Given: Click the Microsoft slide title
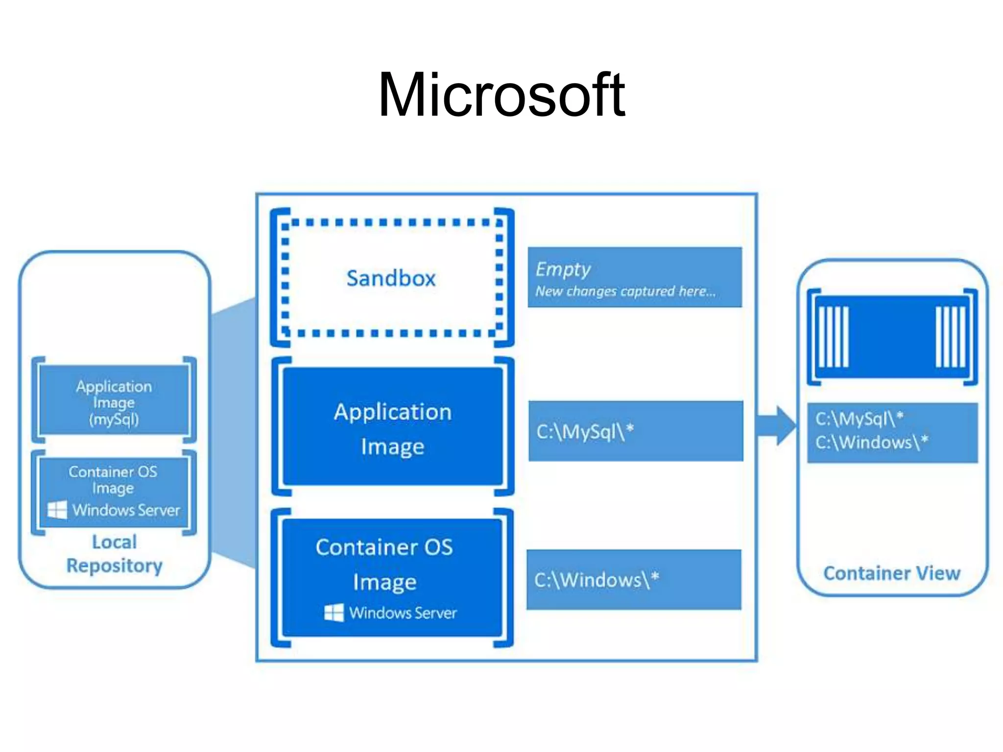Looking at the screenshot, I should (501, 95).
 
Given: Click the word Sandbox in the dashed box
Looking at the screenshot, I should (391, 278).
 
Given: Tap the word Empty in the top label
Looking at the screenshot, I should (563, 269).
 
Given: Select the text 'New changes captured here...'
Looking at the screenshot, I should (625, 291).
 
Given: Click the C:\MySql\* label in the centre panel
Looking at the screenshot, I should (585, 431).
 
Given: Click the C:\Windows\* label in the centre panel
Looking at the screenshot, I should (596, 580).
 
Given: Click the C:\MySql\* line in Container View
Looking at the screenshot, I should (859, 419).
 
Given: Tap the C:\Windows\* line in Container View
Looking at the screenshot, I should (871, 442).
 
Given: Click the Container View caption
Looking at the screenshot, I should (891, 573).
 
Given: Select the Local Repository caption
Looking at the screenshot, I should (114, 554).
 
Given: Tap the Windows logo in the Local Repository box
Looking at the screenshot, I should (57, 510).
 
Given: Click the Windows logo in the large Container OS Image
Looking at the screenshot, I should (334, 612).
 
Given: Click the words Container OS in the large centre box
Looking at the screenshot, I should (384, 547).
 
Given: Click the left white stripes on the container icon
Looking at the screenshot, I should (834, 337).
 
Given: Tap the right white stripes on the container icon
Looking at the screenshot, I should (950, 337).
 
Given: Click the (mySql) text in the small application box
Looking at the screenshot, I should (114, 419).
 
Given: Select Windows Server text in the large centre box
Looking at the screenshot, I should (403, 612).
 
